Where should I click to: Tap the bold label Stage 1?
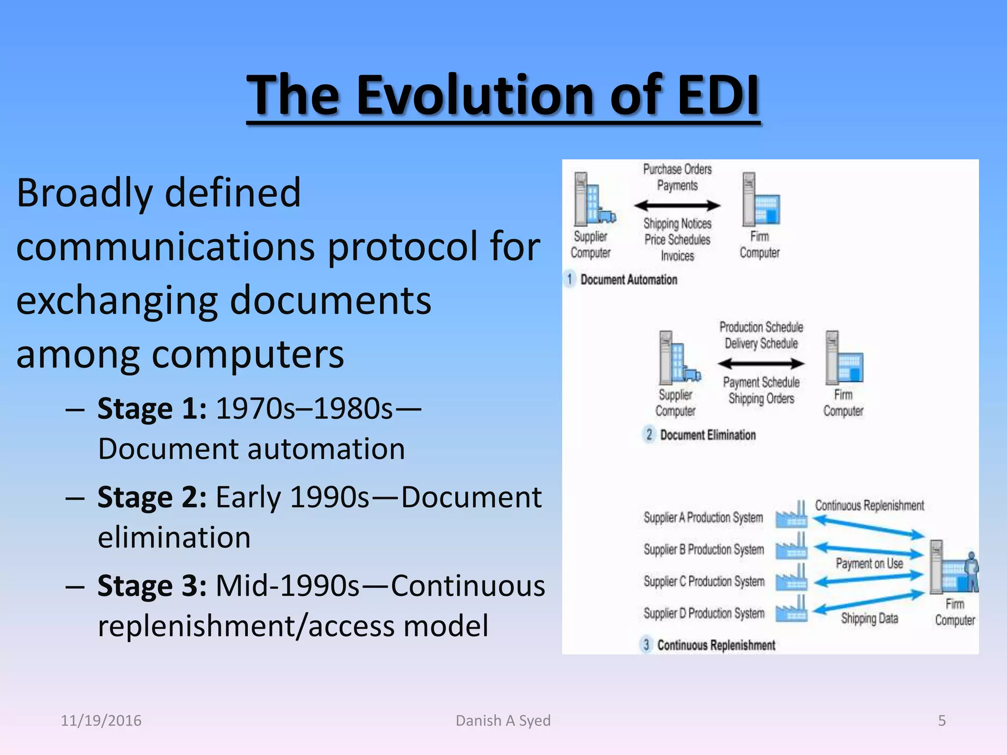(151, 408)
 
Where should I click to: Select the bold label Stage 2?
(151, 497)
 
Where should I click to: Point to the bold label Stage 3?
(151, 586)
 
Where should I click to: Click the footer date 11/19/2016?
(101, 721)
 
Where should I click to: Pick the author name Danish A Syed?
(503, 721)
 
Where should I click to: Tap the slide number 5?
(942, 721)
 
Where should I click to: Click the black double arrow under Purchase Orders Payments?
(677, 205)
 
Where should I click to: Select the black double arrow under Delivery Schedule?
(761, 364)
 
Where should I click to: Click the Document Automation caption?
(628, 280)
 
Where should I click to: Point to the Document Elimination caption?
(708, 435)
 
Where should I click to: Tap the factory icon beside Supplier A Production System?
(792, 515)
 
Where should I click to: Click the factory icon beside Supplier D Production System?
(792, 610)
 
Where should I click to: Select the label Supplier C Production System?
(704, 581)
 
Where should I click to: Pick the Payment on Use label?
(869, 563)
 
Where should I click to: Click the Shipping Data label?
(869, 618)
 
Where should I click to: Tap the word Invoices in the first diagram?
(677, 256)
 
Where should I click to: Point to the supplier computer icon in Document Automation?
(593, 199)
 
